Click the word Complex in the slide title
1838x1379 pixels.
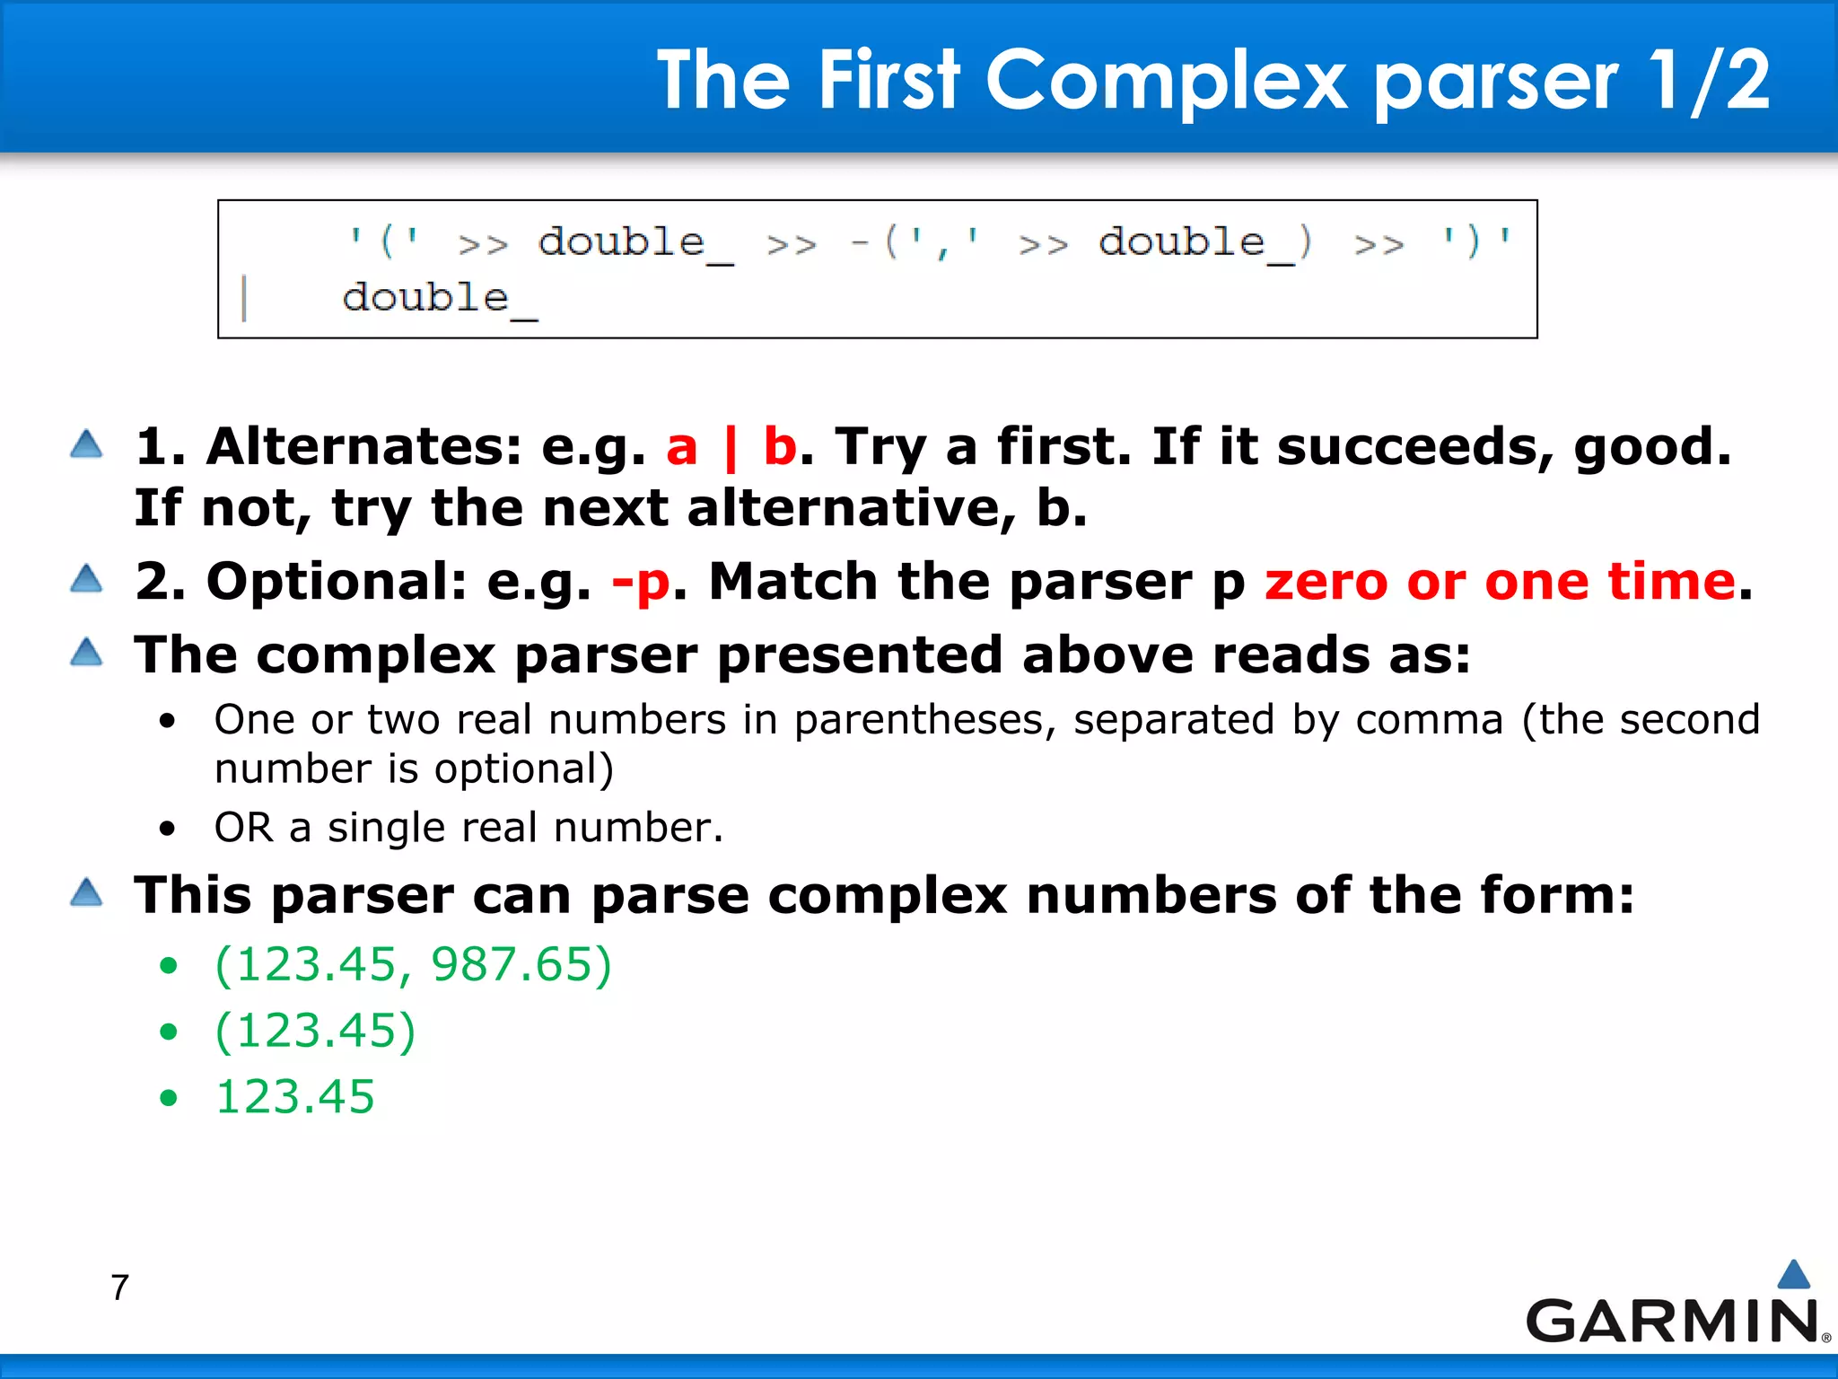pos(1166,81)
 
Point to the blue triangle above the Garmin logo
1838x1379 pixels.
pos(1793,1274)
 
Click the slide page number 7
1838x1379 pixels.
pos(120,1287)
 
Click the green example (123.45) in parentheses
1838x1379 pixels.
pos(315,1031)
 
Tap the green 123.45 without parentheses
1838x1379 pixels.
pos(294,1097)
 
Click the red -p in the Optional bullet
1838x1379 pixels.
pos(641,582)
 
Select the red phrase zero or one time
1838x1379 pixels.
pos(1500,582)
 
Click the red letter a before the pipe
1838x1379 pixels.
pos(681,447)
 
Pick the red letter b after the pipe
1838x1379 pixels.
pos(779,446)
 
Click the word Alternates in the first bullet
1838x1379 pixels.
pos(363,446)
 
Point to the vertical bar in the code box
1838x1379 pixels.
pos(244,299)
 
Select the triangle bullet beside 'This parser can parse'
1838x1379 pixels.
pos(86,892)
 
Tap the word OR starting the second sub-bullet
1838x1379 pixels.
pos(243,828)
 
